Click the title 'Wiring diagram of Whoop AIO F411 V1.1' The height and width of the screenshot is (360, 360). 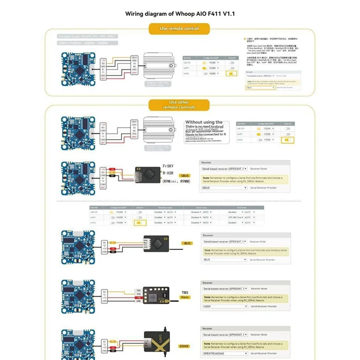[180, 13]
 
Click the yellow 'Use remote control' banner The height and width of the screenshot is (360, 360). [179, 29]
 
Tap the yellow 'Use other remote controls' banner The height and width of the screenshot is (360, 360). [179, 105]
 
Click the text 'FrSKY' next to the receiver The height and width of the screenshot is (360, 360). [168, 166]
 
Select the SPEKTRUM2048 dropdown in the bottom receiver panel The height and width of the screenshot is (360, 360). [225, 354]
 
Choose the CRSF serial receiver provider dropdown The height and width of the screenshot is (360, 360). [225, 306]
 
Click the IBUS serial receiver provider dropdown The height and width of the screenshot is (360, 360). [225, 260]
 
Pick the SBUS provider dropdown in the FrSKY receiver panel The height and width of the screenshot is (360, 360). [225, 188]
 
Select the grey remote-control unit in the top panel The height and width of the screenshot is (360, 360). [162, 67]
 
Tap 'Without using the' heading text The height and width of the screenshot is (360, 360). [204, 122]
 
